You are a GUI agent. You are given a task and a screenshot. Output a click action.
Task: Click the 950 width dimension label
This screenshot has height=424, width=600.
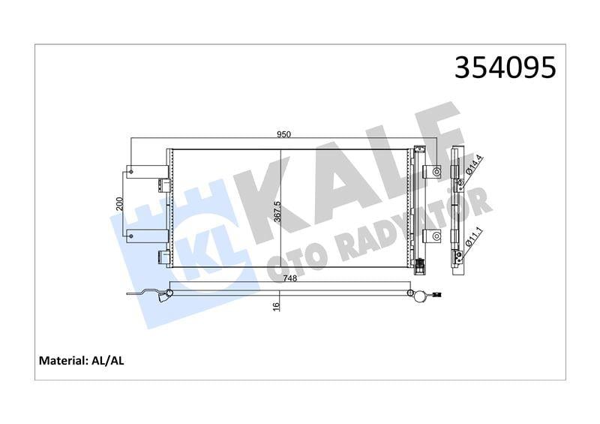[x=283, y=134]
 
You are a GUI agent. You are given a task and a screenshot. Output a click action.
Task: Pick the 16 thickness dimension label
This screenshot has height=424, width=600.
[x=276, y=306]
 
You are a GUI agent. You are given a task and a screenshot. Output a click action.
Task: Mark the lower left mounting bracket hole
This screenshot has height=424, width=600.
[x=132, y=237]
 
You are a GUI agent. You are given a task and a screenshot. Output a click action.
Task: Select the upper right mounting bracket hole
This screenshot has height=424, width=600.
[x=436, y=172]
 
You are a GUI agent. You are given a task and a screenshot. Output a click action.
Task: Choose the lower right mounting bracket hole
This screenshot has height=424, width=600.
[x=436, y=237]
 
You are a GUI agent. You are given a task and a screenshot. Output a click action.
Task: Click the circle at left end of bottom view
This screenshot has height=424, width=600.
[x=170, y=293]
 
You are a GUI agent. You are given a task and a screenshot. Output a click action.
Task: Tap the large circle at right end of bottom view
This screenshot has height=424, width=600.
[x=410, y=293]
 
